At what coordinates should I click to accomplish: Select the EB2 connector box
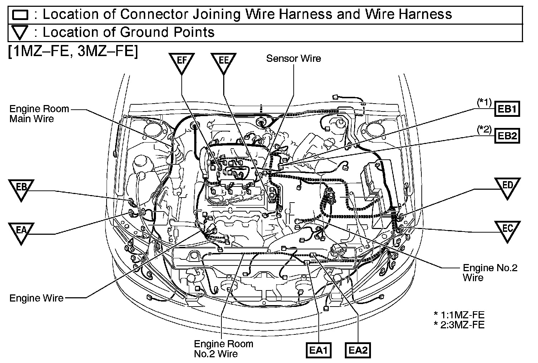tap(507, 136)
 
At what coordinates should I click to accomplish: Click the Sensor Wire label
tap(293, 59)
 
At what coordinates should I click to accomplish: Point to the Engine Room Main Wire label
tap(34, 114)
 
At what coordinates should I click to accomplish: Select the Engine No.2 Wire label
tap(490, 272)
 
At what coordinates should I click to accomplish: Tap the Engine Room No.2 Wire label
tap(223, 348)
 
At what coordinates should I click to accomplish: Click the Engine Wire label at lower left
tap(36, 298)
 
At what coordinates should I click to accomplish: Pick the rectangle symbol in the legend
tap(20, 15)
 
